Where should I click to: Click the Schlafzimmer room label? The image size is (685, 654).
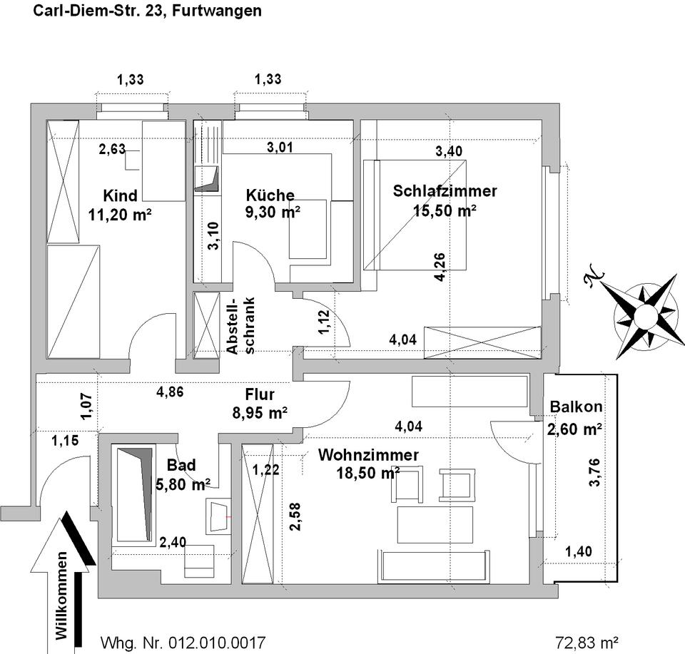[x=445, y=191]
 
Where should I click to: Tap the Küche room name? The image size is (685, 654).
[x=270, y=195]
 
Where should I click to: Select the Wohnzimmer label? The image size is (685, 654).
[x=368, y=455]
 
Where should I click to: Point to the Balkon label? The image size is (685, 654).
[x=576, y=407]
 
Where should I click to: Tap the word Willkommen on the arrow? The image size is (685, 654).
[x=62, y=596]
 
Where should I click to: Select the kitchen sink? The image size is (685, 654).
[x=206, y=179]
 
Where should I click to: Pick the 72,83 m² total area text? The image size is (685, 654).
[x=587, y=643]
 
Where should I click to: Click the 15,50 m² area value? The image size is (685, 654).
[x=445, y=211]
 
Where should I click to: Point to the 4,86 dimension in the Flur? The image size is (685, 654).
[x=170, y=392]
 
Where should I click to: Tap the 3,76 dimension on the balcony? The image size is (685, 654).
[x=594, y=472]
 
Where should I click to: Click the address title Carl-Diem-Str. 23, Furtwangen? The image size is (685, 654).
[x=148, y=11]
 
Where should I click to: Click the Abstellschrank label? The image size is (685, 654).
[x=240, y=326]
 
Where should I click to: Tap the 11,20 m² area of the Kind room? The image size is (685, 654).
[x=120, y=215]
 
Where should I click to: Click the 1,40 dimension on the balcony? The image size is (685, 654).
[x=579, y=552]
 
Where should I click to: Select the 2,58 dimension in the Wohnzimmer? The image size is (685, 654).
[x=295, y=516]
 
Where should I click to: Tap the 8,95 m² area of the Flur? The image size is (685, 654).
[x=260, y=413]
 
